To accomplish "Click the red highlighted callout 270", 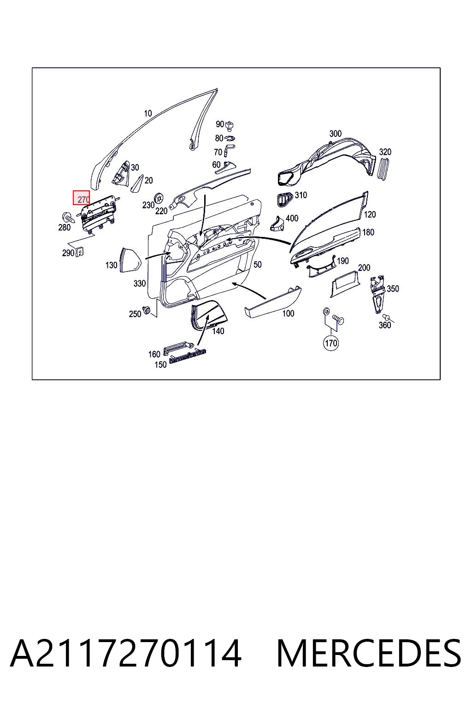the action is coord(81,198).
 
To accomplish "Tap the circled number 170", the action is coord(330,343).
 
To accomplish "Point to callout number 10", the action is coord(148,113).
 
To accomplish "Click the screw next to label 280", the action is coord(69,218).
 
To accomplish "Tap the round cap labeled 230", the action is coord(159,199).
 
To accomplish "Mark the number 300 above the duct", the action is coord(336,134).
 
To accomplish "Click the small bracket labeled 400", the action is coord(277,224).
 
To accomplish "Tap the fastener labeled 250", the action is coord(147,310).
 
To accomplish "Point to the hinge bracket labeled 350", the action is coord(378,294).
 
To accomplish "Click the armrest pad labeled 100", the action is coord(272,302).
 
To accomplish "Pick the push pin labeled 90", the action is coord(229,125).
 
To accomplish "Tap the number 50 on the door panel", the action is coord(258,265).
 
